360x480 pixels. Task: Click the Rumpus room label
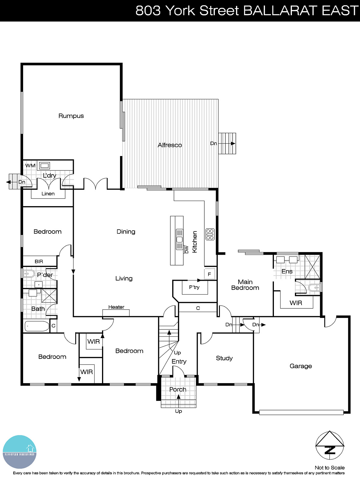tap(71, 116)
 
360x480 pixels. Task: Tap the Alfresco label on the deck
tap(170, 145)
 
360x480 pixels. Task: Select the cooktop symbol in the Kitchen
tap(210, 234)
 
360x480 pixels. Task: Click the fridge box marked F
tap(209, 274)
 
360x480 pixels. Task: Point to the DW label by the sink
tap(186, 250)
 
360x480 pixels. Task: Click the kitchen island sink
tap(179, 239)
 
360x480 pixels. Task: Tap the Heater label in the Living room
tap(116, 307)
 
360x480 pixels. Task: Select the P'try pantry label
tap(194, 287)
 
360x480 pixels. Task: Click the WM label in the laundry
tap(30, 166)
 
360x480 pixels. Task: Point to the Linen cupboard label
tap(48, 194)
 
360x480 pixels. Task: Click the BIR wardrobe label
tap(39, 261)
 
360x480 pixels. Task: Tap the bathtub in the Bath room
tap(37, 326)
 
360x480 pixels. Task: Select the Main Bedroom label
tap(245, 285)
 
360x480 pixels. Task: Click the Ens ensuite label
tap(287, 271)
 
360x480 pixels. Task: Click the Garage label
tap(301, 366)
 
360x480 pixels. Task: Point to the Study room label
tap(224, 358)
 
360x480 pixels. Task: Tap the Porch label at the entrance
tap(178, 389)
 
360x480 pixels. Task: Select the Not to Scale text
tap(329, 468)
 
